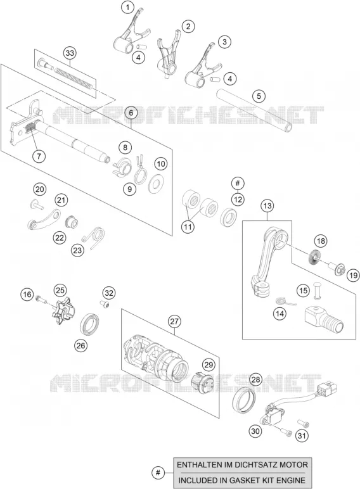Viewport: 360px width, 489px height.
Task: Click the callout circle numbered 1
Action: (127, 7)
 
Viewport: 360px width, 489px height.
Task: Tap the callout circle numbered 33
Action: (70, 53)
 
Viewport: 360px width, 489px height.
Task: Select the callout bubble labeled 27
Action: (174, 321)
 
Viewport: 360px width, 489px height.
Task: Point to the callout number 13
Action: (267, 206)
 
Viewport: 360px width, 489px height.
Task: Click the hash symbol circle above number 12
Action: (238, 183)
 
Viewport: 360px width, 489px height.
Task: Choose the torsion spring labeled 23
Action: (94, 237)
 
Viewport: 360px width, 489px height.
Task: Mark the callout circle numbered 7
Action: (39, 155)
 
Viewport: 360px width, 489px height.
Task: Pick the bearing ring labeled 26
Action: (91, 325)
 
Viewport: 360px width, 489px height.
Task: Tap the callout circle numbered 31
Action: (301, 435)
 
